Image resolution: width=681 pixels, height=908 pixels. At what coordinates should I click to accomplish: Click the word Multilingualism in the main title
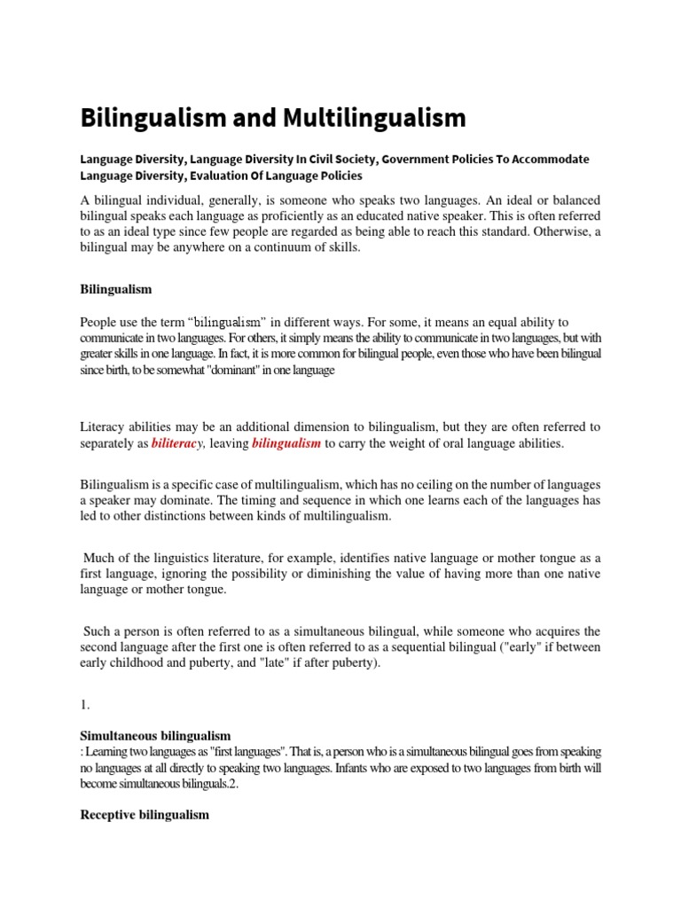click(374, 117)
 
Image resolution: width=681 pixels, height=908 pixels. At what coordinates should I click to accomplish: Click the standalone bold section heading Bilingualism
click(116, 289)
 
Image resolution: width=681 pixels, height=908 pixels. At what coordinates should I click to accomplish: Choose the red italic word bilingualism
click(286, 443)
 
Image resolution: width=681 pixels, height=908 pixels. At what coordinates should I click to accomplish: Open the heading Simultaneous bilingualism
click(155, 736)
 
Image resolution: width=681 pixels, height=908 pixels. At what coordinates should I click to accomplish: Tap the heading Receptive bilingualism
click(145, 814)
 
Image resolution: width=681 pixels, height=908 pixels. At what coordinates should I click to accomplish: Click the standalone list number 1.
click(85, 704)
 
